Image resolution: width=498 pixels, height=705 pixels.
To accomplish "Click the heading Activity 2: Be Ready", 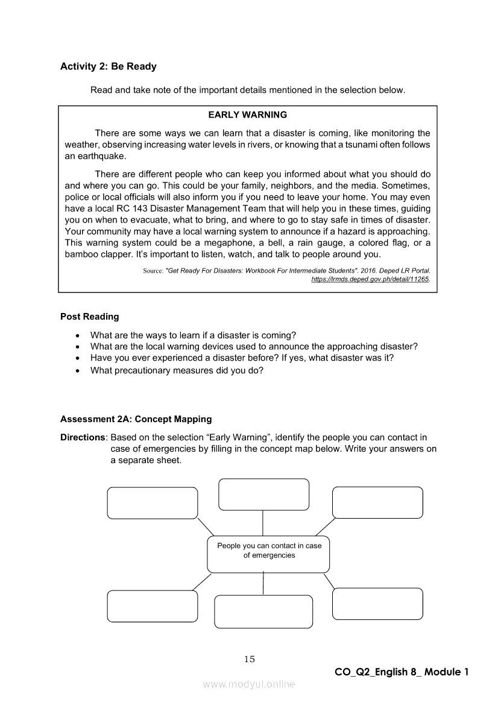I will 109,66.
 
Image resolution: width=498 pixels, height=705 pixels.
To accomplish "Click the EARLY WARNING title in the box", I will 248,115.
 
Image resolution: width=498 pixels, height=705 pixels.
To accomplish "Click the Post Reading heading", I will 90,317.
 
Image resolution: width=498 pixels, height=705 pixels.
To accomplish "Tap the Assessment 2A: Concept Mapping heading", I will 136,419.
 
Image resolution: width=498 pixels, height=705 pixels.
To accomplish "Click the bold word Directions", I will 82,437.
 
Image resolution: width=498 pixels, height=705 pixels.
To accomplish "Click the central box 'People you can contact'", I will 269,554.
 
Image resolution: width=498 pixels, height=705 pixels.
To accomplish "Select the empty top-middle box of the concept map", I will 263,495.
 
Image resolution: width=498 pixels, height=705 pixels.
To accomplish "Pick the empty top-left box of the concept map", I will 153,503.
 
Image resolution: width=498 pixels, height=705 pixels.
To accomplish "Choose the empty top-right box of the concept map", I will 377,502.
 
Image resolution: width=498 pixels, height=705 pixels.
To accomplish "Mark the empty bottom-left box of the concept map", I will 153,606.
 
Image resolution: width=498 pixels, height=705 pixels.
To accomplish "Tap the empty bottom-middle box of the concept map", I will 263,612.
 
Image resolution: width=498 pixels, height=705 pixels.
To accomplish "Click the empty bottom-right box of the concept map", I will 377,604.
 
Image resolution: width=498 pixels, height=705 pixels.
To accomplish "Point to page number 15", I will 250,659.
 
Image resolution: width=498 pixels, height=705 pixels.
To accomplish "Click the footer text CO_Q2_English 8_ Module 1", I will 402,672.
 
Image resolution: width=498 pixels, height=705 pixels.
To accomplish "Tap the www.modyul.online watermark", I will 249,684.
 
